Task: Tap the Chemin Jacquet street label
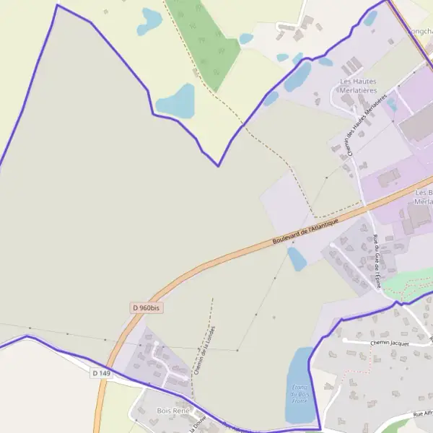tap(389, 344)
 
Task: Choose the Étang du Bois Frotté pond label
tap(299, 393)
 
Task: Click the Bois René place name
tap(172, 411)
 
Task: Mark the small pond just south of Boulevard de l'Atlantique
tap(297, 258)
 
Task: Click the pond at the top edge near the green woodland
tap(150, 20)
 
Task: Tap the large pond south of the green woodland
tap(176, 101)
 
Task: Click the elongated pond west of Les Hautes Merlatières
tap(297, 76)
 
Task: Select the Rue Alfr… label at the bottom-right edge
tap(421, 414)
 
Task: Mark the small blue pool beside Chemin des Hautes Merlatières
tap(392, 104)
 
